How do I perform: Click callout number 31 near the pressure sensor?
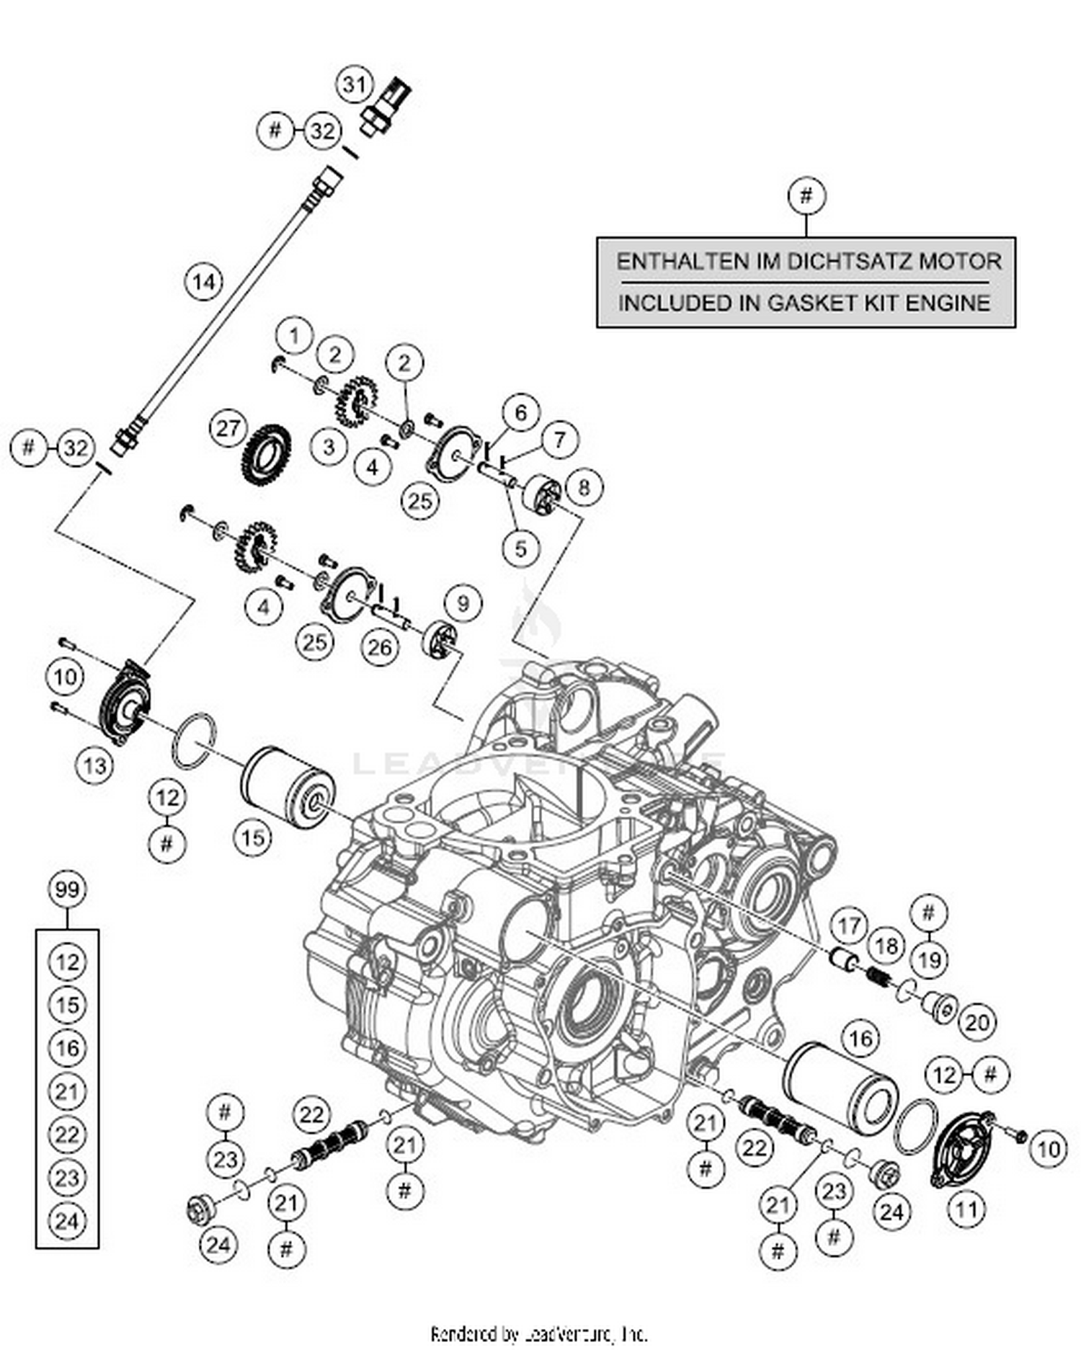point(353,85)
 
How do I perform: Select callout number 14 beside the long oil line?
point(204,281)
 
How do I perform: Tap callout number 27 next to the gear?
point(228,428)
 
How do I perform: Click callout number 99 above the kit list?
point(66,889)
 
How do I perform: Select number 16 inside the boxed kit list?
point(67,1048)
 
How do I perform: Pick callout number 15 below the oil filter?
point(252,838)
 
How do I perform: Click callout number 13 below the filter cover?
point(94,765)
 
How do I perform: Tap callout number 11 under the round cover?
point(966,1209)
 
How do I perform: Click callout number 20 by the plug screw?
point(977,1022)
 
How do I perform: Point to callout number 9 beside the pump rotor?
point(463,603)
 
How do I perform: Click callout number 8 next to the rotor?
point(583,487)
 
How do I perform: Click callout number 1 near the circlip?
point(293,336)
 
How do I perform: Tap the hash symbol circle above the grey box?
point(806,195)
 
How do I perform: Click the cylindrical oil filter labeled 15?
point(287,787)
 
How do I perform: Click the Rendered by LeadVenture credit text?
point(539,1335)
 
